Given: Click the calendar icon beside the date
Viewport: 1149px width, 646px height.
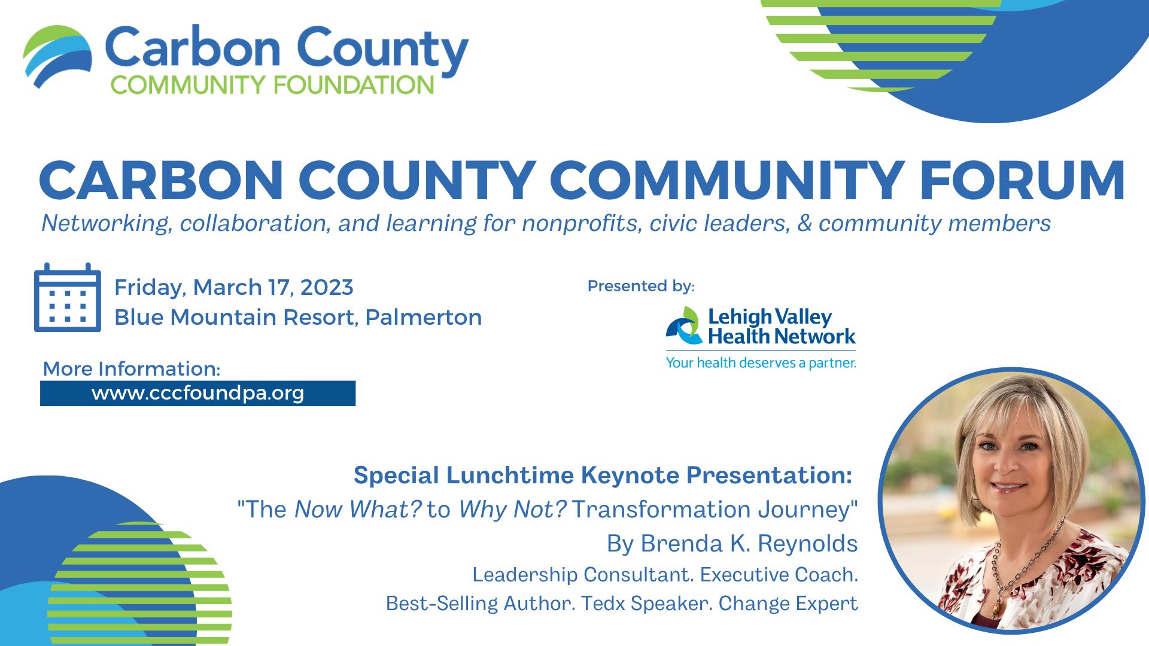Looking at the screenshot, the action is (68, 297).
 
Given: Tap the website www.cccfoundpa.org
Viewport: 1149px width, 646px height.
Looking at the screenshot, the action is (197, 394).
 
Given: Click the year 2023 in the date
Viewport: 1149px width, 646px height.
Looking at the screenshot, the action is (327, 288).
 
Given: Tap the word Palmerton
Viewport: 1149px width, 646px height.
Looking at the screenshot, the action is (424, 317).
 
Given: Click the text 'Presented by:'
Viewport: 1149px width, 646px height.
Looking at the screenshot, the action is (641, 286).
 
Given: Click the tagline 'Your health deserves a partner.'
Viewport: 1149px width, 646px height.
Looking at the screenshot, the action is (761, 362).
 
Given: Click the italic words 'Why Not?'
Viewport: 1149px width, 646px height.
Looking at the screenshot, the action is (512, 510).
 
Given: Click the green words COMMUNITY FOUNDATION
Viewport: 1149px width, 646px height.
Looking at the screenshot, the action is (272, 85).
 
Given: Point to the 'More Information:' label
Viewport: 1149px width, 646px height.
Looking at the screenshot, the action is (132, 368).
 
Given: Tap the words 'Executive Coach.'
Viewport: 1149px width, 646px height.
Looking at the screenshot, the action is (779, 575).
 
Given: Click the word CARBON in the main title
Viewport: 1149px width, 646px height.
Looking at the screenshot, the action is (160, 180).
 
